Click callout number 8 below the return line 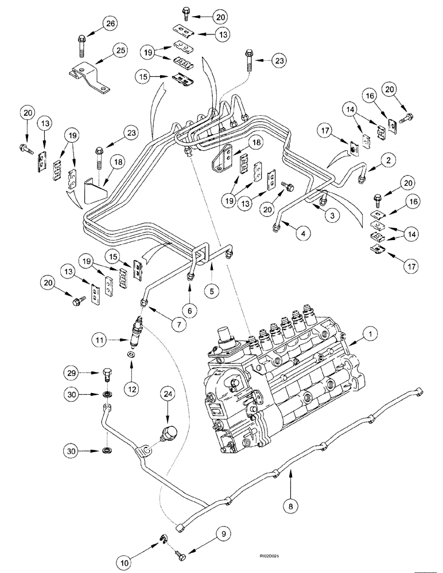tap(292, 507)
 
